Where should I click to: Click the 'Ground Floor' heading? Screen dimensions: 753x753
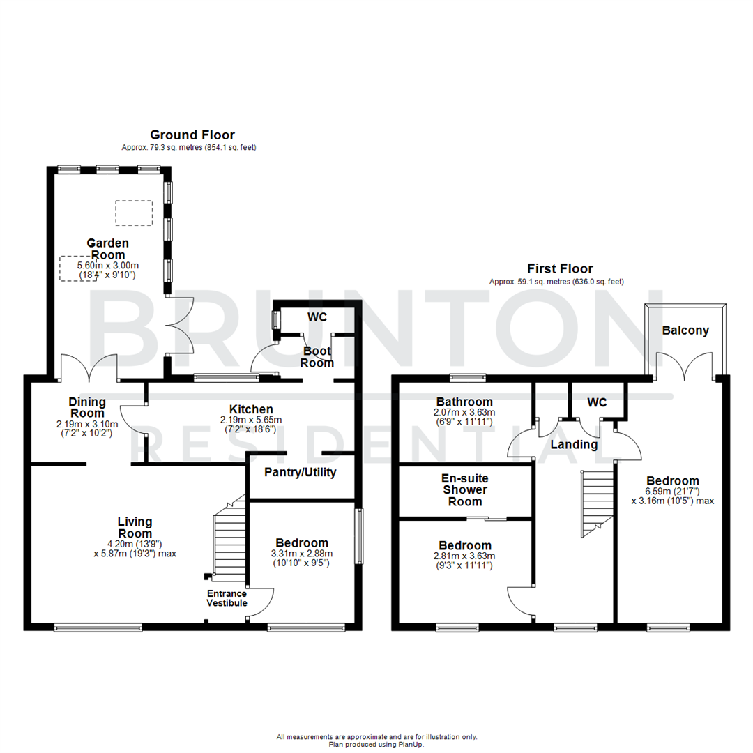point(192,135)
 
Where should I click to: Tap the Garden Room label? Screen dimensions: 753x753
point(107,249)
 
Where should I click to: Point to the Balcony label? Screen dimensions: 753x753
point(686,330)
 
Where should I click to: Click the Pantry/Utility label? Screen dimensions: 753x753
point(301,472)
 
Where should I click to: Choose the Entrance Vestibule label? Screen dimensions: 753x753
point(227,598)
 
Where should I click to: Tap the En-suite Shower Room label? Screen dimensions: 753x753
point(464,490)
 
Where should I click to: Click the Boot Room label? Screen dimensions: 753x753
point(317,357)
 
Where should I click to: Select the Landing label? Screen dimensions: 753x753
point(574,444)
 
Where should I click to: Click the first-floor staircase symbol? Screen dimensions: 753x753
point(597,502)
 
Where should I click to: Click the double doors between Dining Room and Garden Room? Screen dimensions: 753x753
point(89,367)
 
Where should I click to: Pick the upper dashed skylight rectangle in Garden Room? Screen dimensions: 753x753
point(133,213)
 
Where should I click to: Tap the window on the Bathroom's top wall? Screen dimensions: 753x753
point(465,379)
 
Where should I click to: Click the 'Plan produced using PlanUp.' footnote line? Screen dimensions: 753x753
point(376,744)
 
